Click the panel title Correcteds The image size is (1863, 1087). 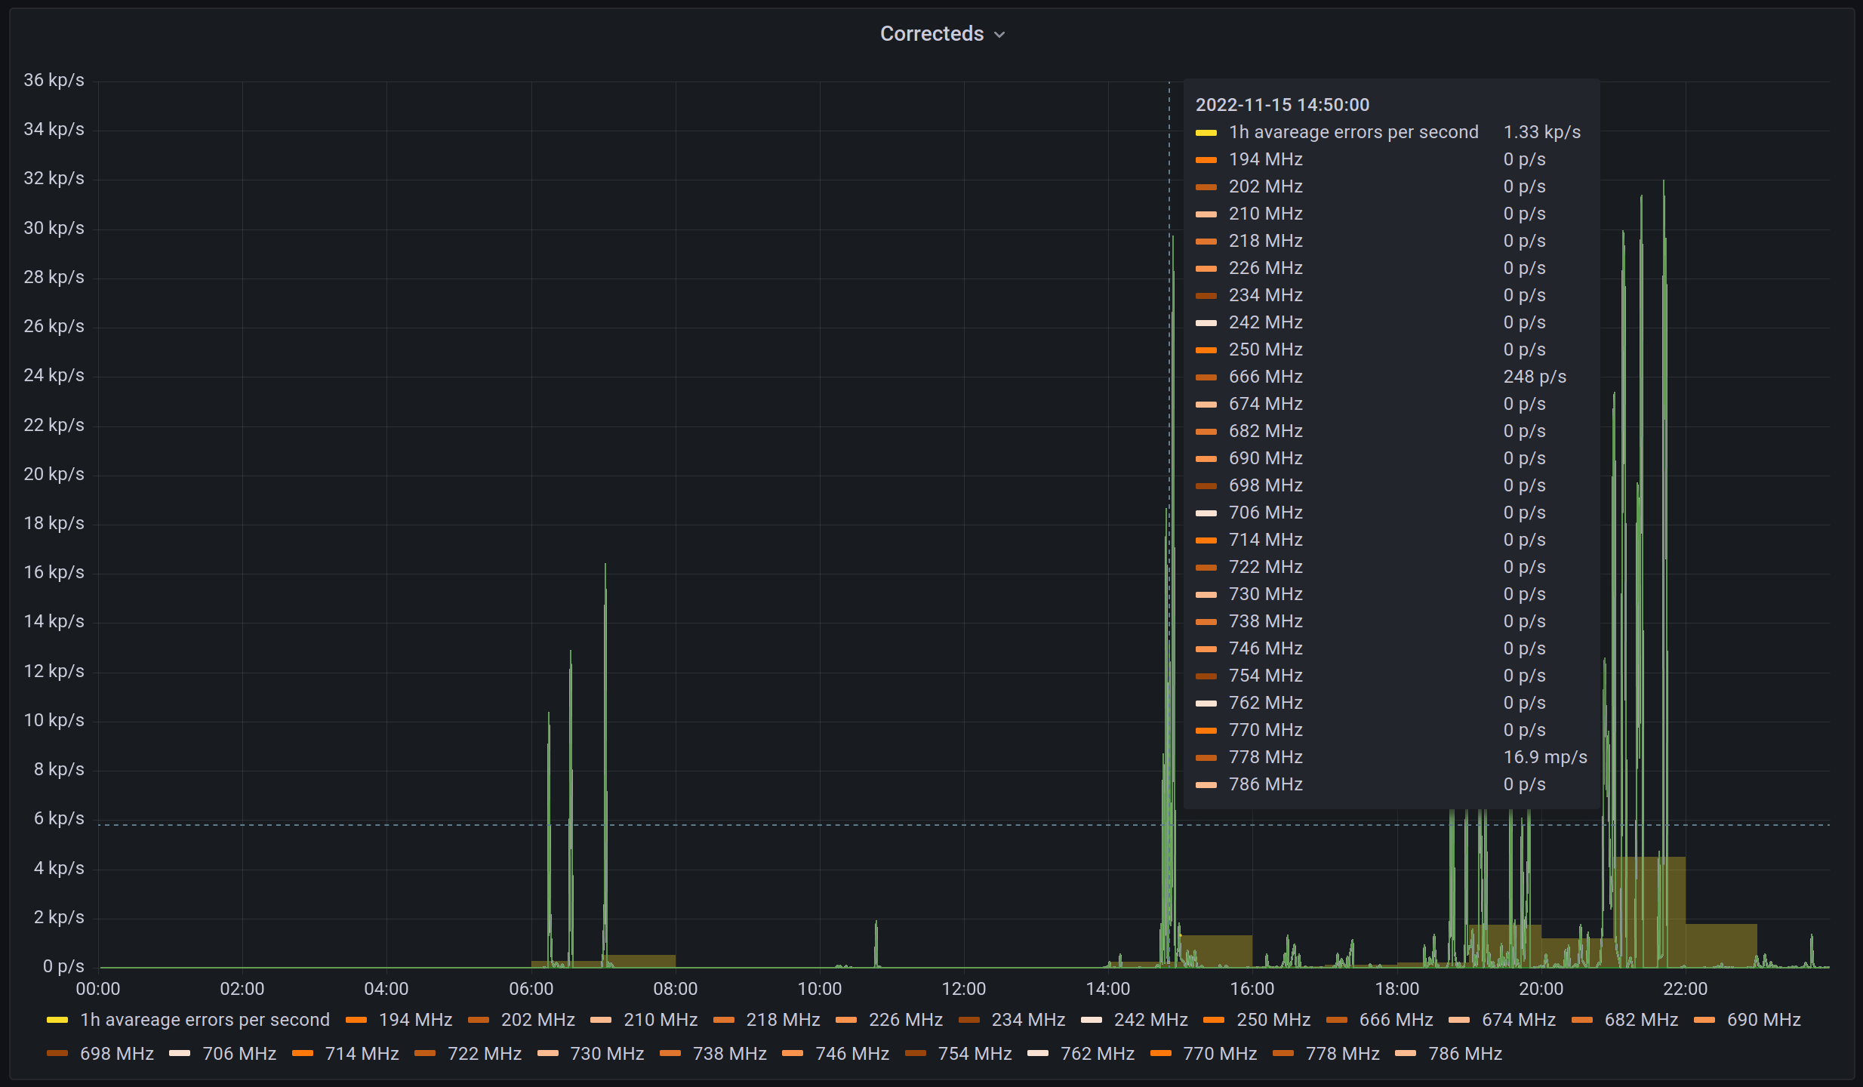point(932,34)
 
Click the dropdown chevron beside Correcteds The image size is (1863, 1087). point(999,35)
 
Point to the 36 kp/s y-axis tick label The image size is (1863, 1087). point(54,80)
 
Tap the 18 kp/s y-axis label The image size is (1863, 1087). point(54,523)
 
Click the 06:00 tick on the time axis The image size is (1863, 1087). point(531,989)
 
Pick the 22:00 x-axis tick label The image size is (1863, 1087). point(1685,989)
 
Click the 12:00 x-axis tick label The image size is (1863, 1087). point(963,989)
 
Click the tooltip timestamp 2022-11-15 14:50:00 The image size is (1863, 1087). point(1282,105)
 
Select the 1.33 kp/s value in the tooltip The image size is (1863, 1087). point(1541,132)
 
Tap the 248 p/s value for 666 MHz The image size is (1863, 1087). point(1534,377)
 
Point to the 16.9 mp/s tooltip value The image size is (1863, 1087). point(1544,757)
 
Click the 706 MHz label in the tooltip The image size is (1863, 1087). point(1265,513)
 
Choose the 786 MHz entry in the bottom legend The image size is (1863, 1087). point(1464,1054)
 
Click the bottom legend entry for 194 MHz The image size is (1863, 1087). point(415,1020)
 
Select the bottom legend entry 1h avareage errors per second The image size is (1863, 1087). point(205,1020)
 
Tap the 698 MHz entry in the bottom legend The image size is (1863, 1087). point(116,1054)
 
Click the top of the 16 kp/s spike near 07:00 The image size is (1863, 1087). point(605,565)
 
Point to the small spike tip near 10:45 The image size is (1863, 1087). point(876,922)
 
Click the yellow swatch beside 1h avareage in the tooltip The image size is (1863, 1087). point(1206,133)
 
